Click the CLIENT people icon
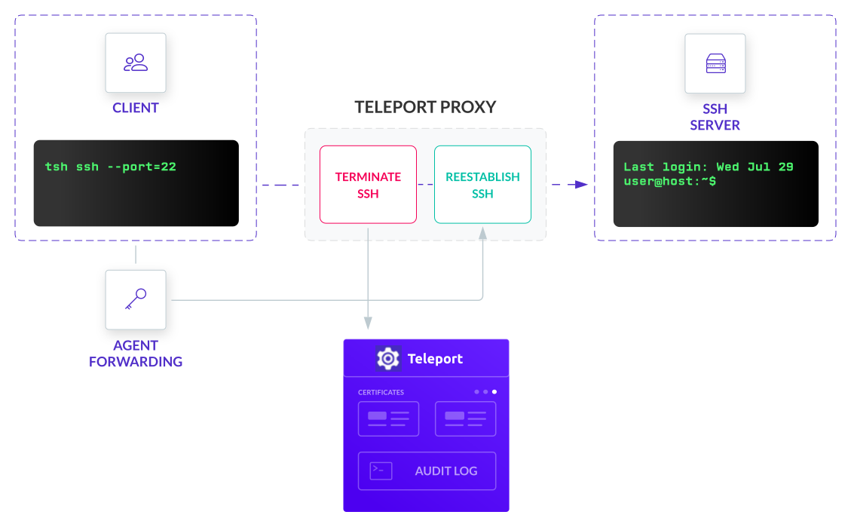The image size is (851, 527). (136, 63)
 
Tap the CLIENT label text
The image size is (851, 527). (136, 108)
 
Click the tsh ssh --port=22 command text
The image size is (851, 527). (110, 167)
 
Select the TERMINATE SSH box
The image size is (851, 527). (368, 185)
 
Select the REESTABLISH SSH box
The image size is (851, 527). (482, 185)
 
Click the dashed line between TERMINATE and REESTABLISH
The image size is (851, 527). (425, 185)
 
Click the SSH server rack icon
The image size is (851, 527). (715, 63)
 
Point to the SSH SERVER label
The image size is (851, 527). (715, 117)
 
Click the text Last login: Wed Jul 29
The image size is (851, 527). (708, 167)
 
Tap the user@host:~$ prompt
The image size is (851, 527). (669, 182)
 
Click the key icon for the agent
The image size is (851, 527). (136, 299)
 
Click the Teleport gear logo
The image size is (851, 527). (388, 358)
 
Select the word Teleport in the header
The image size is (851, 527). (435, 359)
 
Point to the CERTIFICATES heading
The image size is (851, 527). (381, 392)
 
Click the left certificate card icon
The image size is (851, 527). (388, 418)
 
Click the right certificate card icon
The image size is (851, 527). (465, 418)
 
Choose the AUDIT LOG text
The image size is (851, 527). (445, 471)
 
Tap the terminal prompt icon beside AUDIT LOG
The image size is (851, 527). (381, 471)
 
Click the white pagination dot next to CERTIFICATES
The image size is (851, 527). (494, 392)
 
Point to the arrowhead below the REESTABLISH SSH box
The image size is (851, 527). (482, 234)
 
